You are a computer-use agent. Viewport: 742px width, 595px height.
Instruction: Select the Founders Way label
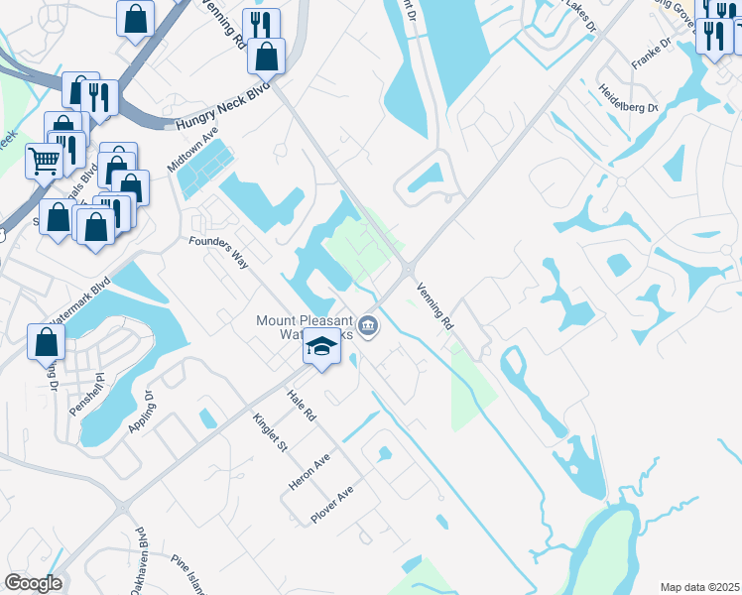[218, 246]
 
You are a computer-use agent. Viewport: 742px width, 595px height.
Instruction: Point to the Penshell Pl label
[99, 395]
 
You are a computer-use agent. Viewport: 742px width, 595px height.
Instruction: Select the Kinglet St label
[270, 432]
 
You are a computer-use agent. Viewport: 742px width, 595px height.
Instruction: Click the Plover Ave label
[332, 505]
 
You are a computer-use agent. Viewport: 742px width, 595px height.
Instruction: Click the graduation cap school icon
[321, 348]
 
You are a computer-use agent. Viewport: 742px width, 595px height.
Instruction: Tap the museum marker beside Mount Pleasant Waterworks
[368, 325]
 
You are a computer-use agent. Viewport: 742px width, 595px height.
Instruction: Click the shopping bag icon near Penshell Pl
[47, 342]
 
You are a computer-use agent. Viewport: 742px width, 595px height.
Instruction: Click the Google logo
[33, 583]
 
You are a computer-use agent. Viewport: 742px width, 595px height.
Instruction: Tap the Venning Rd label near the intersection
[434, 304]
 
